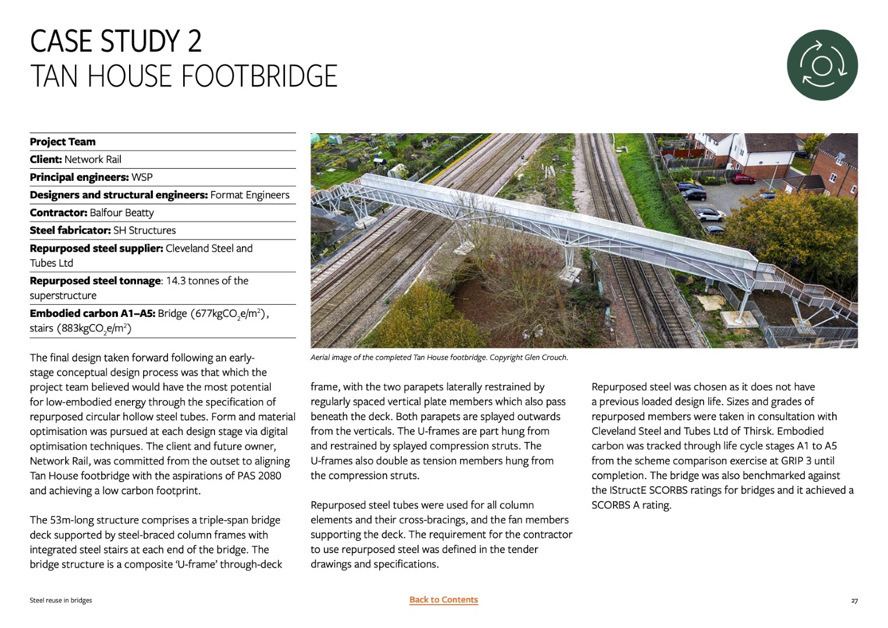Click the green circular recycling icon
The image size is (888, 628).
(822, 65)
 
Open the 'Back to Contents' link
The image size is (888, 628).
(443, 600)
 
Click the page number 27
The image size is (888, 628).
(854, 601)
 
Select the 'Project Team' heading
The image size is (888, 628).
(63, 142)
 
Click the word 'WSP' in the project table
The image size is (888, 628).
(142, 177)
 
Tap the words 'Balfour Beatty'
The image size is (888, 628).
(122, 213)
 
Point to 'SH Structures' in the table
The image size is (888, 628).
(144, 230)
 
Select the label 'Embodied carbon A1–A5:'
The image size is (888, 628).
(92, 313)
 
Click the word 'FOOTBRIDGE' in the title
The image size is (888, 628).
(259, 76)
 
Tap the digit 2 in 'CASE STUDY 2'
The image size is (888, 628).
(194, 41)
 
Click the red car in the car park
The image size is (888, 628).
(743, 179)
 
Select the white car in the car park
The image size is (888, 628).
(709, 215)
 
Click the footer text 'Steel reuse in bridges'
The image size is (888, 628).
(60, 600)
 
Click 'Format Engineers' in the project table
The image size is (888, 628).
(249, 195)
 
